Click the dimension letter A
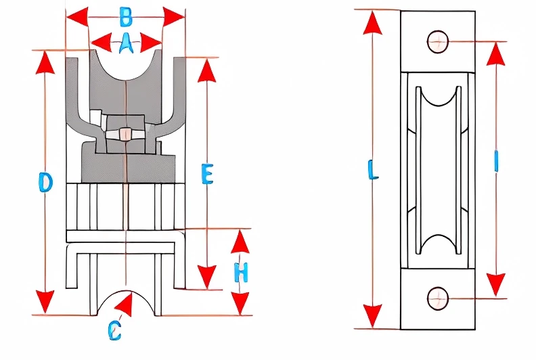pyautogui.click(x=125, y=44)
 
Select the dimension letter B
pyautogui.click(x=126, y=15)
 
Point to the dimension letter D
pyautogui.click(x=45, y=183)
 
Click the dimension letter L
pyautogui.click(x=372, y=168)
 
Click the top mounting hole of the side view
pyautogui.click(x=438, y=41)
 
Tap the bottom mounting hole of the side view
pyautogui.click(x=438, y=297)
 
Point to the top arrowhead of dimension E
pyautogui.click(x=207, y=69)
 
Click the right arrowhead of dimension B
pyautogui.click(x=174, y=15)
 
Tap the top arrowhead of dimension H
pyautogui.click(x=241, y=241)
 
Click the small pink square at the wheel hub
pyautogui.click(x=125, y=135)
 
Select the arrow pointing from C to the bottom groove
pyautogui.click(x=123, y=306)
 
